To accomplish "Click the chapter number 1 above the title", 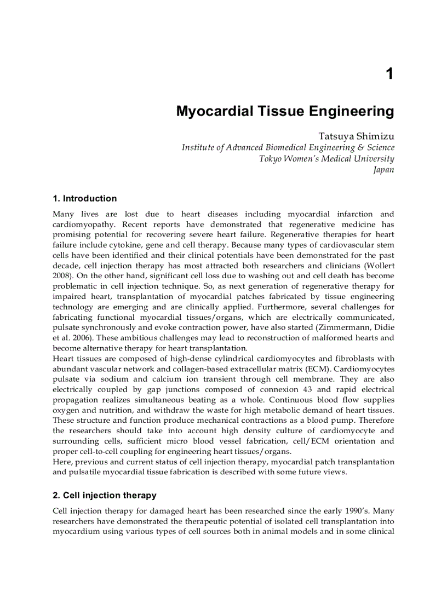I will (389, 74).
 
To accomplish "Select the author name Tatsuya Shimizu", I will (356, 135).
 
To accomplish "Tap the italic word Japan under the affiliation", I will (383, 170).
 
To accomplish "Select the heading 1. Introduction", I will (84, 198).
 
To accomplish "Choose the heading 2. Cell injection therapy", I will (104, 495).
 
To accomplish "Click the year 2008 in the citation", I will (61, 276).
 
